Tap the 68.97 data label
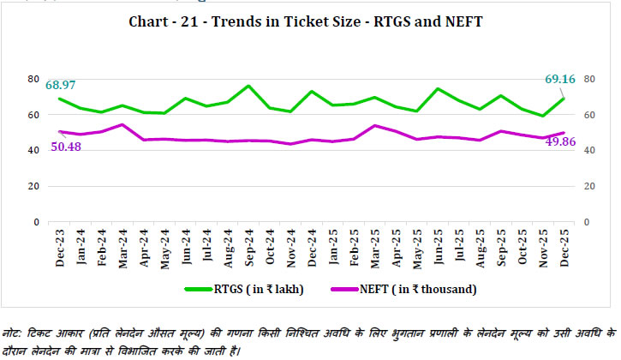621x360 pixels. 63,85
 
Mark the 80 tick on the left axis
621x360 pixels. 34,79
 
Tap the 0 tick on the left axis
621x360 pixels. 37,222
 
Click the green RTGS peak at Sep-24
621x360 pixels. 248,86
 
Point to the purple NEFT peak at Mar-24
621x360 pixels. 123,124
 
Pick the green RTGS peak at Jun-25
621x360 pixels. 437,88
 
